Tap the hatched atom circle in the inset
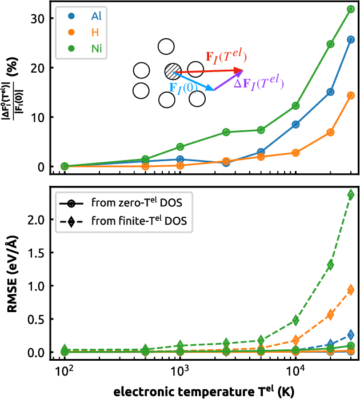[172, 71]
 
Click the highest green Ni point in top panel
[350, 9]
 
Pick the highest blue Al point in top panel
[350, 39]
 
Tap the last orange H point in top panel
[350, 95]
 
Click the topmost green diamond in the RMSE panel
[350, 195]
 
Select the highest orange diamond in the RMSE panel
[350, 290]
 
